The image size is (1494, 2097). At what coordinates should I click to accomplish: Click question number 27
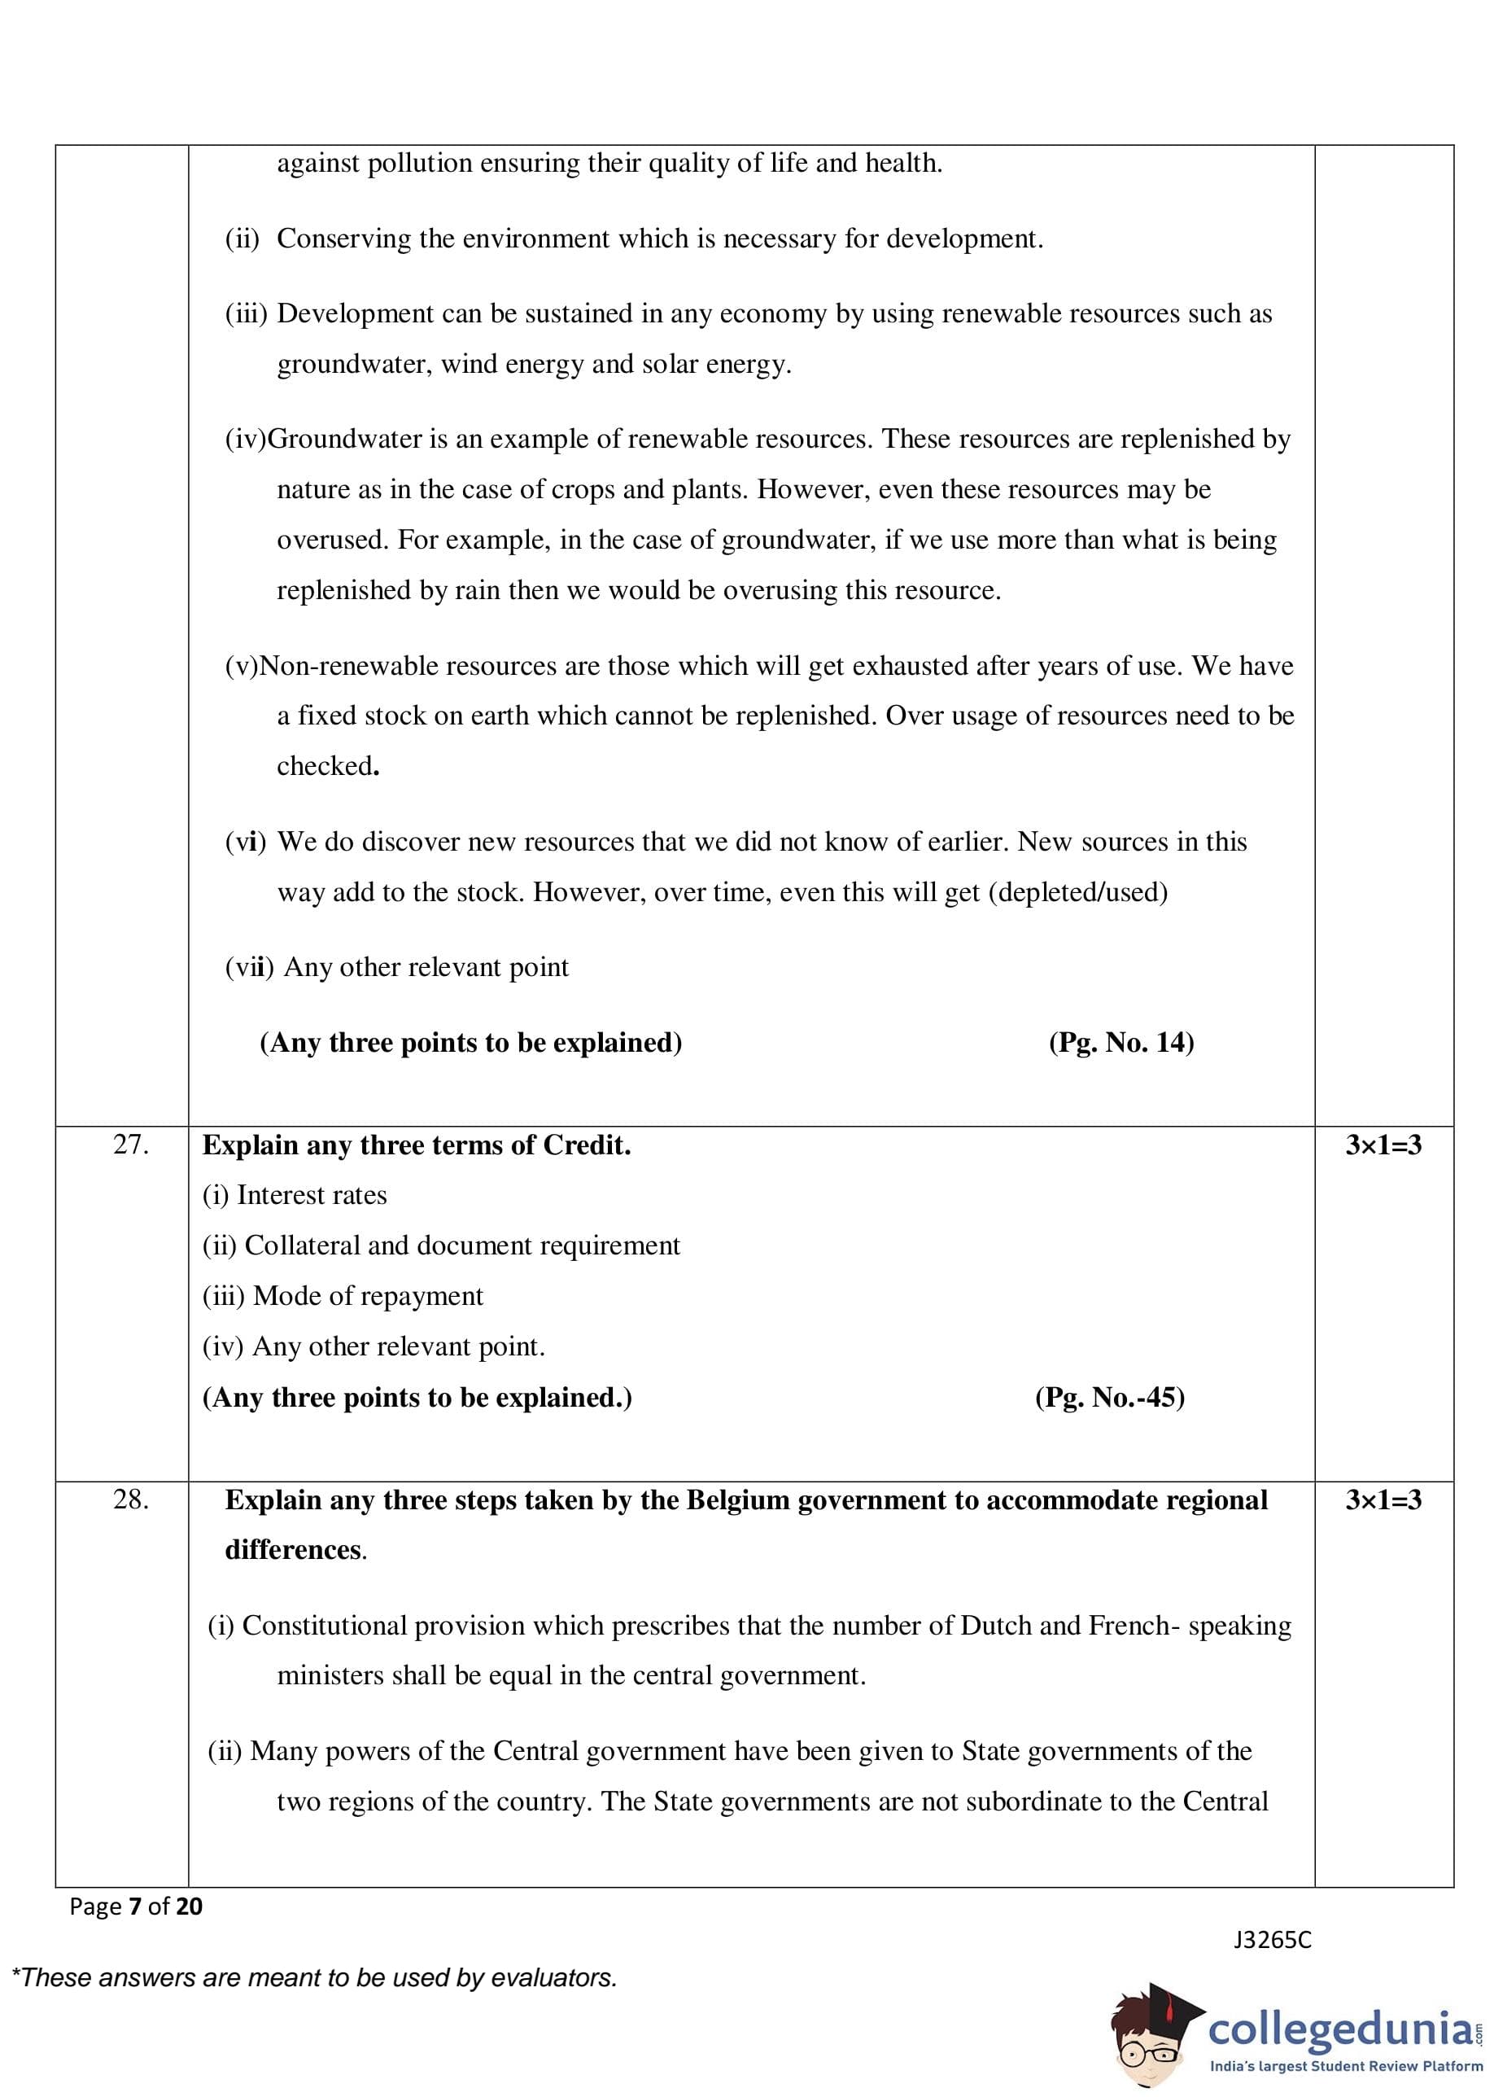pos(131,1145)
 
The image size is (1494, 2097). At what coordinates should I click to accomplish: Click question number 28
pos(131,1499)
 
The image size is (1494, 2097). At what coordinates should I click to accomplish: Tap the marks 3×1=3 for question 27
pos(1383,1145)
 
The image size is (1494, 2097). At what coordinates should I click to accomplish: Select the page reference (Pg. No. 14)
pos(1120,1043)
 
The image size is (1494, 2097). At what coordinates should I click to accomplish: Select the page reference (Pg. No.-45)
pos(1109,1398)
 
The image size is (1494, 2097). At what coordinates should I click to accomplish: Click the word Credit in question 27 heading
pos(586,1145)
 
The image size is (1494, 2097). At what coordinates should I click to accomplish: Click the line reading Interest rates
pos(295,1195)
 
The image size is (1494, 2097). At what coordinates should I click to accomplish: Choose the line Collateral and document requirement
pos(441,1246)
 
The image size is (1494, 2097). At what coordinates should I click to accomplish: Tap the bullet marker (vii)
pos(249,968)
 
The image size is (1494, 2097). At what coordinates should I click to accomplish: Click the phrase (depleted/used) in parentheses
pos(1077,892)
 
